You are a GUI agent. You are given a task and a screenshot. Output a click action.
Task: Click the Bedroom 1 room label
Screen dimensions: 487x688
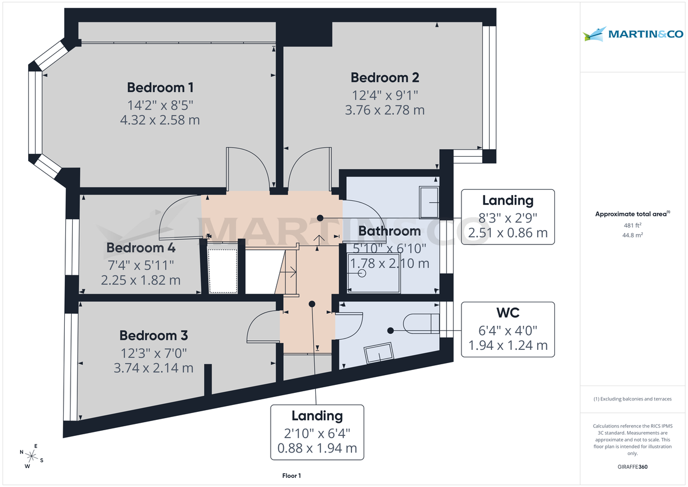(x=160, y=88)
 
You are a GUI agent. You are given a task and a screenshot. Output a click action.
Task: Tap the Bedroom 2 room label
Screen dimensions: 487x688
(x=385, y=77)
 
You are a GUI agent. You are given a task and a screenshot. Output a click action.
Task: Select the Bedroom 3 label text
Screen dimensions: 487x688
(x=153, y=336)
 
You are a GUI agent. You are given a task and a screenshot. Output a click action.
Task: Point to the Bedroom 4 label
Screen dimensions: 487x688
(x=140, y=248)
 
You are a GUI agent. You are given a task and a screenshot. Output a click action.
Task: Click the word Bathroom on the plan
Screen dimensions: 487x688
(x=389, y=231)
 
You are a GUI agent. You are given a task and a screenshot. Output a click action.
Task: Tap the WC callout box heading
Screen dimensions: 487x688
(x=508, y=313)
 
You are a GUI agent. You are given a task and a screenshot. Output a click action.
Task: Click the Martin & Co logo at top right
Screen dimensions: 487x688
(x=633, y=34)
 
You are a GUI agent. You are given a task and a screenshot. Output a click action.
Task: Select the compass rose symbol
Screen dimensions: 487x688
(x=32, y=457)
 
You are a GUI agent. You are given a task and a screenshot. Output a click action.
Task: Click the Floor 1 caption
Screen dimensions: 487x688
(x=291, y=476)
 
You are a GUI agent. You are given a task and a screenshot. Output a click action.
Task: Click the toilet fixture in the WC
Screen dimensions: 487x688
(x=421, y=324)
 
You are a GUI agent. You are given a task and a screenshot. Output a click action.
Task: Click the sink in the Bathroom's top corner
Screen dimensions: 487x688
(x=429, y=202)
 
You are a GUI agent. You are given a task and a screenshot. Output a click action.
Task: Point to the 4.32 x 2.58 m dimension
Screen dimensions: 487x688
(x=160, y=120)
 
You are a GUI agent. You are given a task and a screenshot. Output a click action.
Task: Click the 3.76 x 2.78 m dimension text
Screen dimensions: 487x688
(x=385, y=110)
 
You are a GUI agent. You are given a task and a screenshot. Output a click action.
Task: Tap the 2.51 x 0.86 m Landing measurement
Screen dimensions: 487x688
(x=508, y=233)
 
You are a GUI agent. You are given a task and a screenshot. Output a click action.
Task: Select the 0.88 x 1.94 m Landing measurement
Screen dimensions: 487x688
(x=317, y=448)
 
